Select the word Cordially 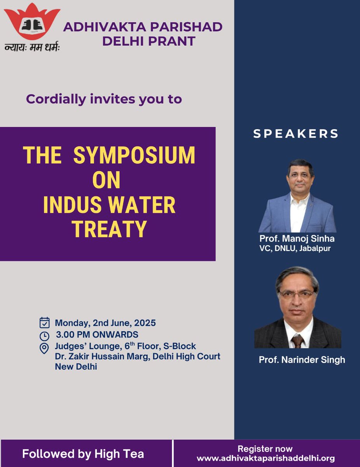pyautogui.click(x=56, y=99)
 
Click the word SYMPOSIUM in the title pyautogui.click(x=134, y=156)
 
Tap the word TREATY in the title pyautogui.click(x=109, y=229)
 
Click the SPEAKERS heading pyautogui.click(x=296, y=134)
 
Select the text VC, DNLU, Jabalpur pyautogui.click(x=295, y=248)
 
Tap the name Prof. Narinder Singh pyautogui.click(x=302, y=360)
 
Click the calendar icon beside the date pyautogui.click(x=45, y=323)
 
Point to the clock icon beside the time pyautogui.click(x=45, y=335)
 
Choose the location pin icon pyautogui.click(x=45, y=348)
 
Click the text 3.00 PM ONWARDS pyautogui.click(x=97, y=335)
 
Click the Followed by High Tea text pyautogui.click(x=83, y=454)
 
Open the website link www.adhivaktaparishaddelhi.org pyautogui.click(x=266, y=458)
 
